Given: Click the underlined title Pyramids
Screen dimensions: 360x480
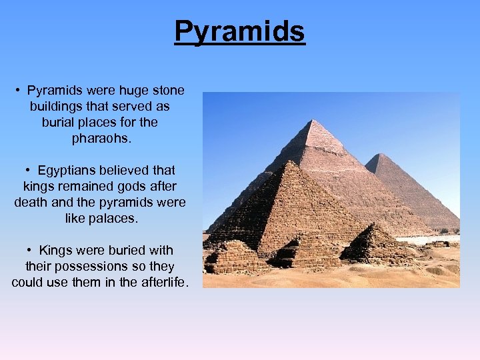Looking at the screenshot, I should click(x=239, y=31).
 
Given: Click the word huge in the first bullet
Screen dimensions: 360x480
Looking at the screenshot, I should click(x=131, y=90).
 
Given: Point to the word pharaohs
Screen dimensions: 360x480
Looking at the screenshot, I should click(x=100, y=139).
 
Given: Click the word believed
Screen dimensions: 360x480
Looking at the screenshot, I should click(x=126, y=171).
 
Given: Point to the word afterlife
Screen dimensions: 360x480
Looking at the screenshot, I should click(x=163, y=283).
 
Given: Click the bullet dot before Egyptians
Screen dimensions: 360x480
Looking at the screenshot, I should click(x=30, y=171).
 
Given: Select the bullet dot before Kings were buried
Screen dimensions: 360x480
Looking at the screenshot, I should click(x=30, y=251).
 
